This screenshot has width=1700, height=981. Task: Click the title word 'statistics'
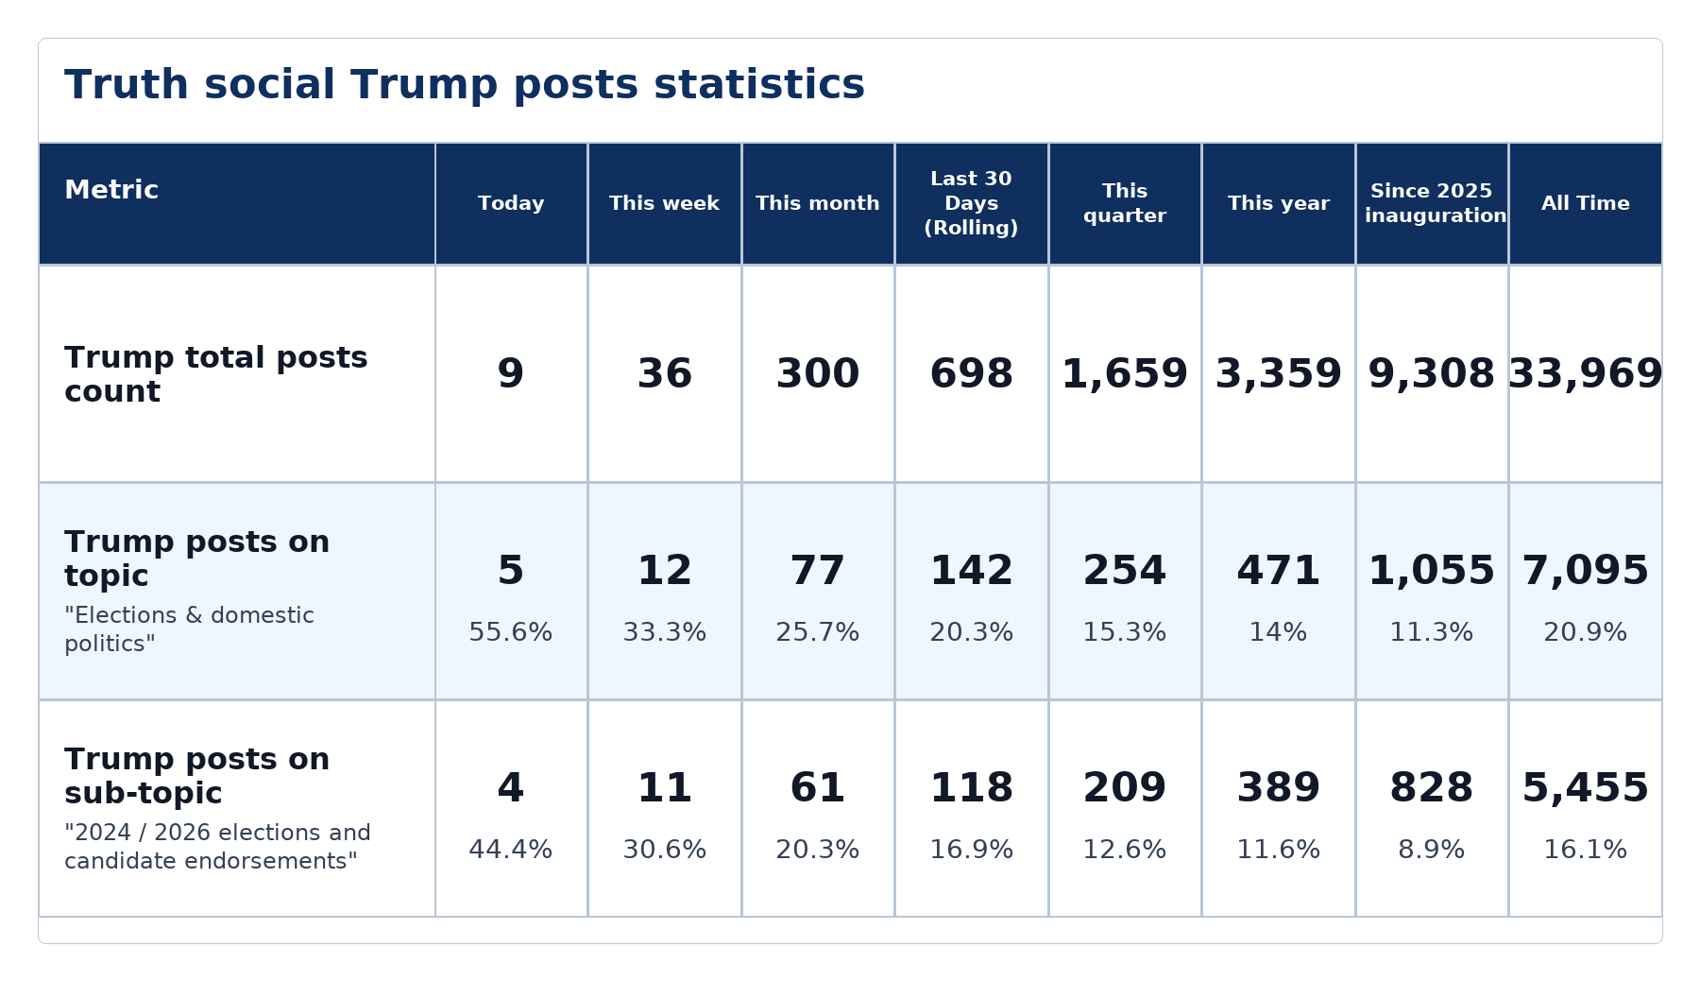pos(758,84)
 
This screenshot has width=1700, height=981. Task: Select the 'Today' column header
pos(511,203)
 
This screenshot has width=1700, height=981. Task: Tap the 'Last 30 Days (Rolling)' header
pos(971,203)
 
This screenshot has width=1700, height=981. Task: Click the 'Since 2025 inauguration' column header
pos(1432,203)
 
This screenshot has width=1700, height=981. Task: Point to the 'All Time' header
pos(1586,203)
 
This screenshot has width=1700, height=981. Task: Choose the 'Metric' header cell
pos(111,190)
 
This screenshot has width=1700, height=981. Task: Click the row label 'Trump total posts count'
pos(216,374)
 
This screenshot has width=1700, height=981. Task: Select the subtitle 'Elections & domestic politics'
pos(189,629)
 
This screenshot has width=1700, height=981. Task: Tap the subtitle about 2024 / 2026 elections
pos(217,847)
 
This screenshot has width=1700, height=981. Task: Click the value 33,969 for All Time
pos(1586,374)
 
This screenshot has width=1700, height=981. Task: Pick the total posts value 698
pos(971,374)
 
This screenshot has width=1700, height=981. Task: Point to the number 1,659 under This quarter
pos(1125,374)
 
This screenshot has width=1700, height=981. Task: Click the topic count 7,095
pos(1586,571)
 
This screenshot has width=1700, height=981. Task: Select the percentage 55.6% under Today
pos(511,632)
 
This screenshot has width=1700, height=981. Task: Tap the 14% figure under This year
pos(1279,632)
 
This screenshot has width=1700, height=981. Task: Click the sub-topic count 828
pos(1432,788)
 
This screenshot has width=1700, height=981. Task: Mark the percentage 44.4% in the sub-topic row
pos(511,850)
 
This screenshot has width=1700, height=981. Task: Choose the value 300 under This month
pos(818,374)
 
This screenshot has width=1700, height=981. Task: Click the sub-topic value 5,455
pos(1586,788)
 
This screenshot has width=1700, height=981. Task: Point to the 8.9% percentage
pos(1432,850)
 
